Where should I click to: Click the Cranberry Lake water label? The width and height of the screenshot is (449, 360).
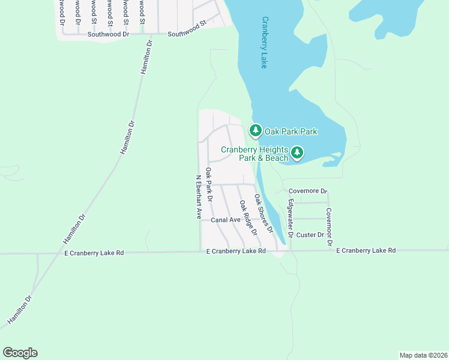[x=264, y=43]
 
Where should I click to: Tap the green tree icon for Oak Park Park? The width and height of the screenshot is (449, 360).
[x=256, y=130]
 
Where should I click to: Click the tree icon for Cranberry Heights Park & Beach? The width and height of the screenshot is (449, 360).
[x=297, y=154]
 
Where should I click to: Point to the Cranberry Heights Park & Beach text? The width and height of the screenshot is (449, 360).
[x=255, y=154]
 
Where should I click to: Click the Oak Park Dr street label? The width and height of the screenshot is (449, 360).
[x=209, y=184]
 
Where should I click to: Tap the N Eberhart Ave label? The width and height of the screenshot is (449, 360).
[x=198, y=197]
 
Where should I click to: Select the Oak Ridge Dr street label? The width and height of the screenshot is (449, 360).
[x=248, y=217]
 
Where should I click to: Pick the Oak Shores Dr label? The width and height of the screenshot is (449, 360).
[x=264, y=213]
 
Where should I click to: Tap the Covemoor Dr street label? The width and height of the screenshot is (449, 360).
[x=329, y=227]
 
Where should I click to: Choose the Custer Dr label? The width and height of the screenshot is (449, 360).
[x=310, y=235]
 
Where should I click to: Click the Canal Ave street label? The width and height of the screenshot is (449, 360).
[x=226, y=220]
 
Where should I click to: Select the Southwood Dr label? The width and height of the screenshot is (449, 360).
[x=109, y=34]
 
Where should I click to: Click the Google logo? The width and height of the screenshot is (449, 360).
[x=20, y=353]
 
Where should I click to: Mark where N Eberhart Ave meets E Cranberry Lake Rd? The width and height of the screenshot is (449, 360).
[x=200, y=253]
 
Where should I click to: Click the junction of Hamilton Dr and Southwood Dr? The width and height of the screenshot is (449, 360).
[x=149, y=34]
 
